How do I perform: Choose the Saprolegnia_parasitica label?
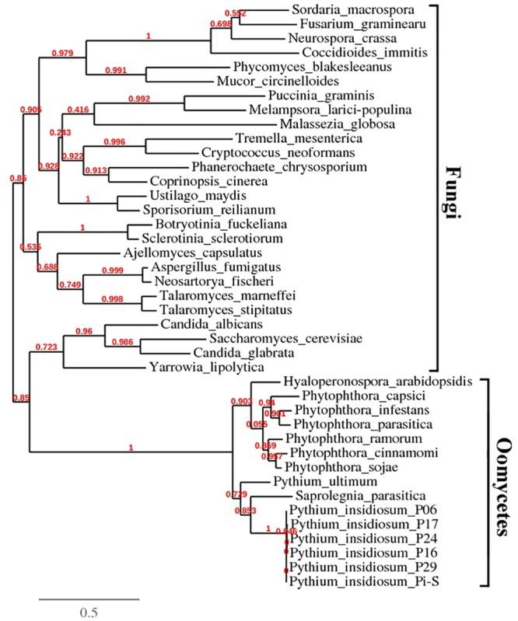[x=347, y=495]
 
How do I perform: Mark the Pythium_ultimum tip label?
[x=310, y=481]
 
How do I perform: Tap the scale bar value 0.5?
[x=88, y=611]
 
